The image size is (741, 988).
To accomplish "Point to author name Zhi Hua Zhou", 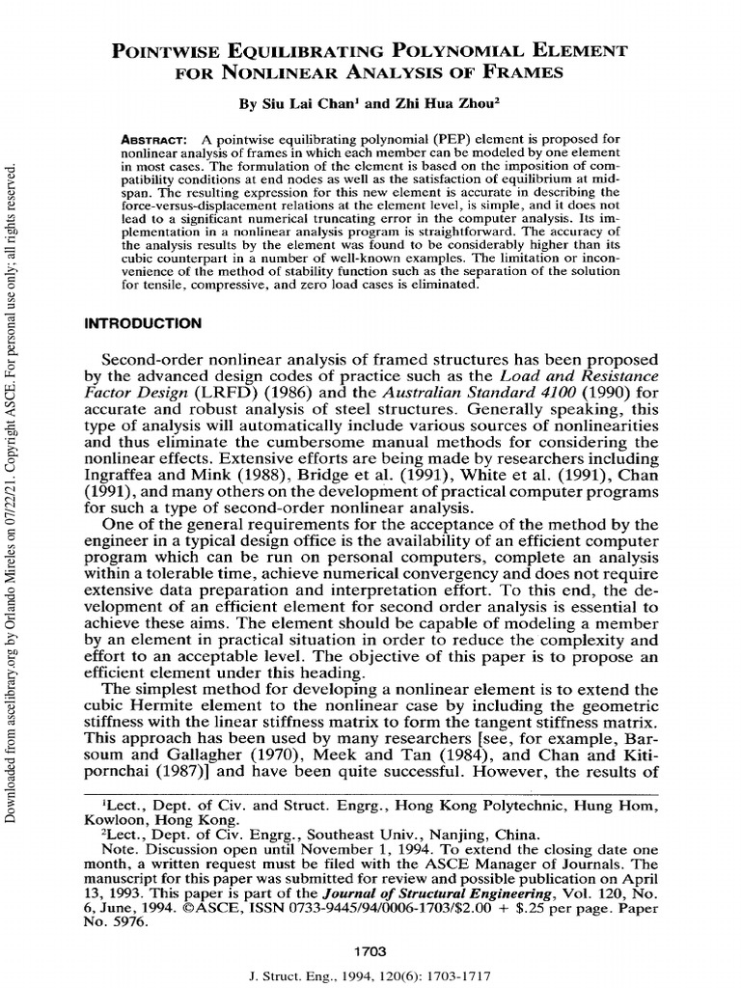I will (435, 101).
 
